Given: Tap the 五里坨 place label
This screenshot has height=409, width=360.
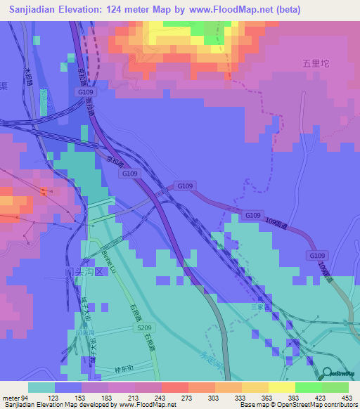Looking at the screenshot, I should point(316,63).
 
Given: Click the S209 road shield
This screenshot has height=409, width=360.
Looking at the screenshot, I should point(145,327).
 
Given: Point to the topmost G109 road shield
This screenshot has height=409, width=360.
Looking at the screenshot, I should point(86,92).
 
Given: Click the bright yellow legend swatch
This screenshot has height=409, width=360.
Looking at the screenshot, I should point(281,387).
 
